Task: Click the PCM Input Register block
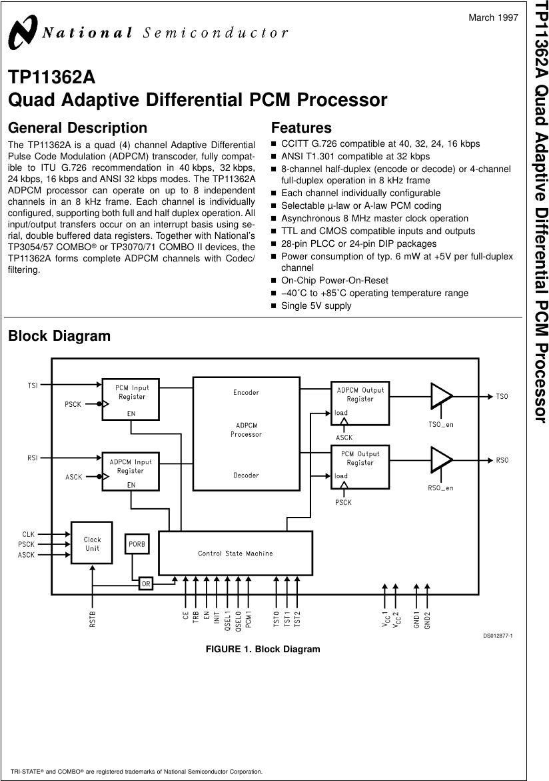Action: [131, 400]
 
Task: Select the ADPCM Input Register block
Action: [131, 471]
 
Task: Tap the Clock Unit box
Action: [92, 543]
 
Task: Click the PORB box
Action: [137, 544]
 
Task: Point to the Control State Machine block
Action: [235, 553]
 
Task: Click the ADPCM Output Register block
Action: [360, 403]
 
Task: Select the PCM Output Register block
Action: [360, 467]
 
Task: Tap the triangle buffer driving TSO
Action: [441, 396]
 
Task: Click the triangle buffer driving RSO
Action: [441, 460]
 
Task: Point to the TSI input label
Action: [33, 385]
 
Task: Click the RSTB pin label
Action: [93, 619]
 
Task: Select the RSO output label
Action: [502, 460]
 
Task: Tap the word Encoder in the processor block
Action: [246, 392]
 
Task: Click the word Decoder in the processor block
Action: [246, 476]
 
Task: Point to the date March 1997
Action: [493, 17]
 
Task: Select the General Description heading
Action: [77, 127]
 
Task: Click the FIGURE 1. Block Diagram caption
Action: [263, 649]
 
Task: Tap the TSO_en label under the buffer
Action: [440, 425]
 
